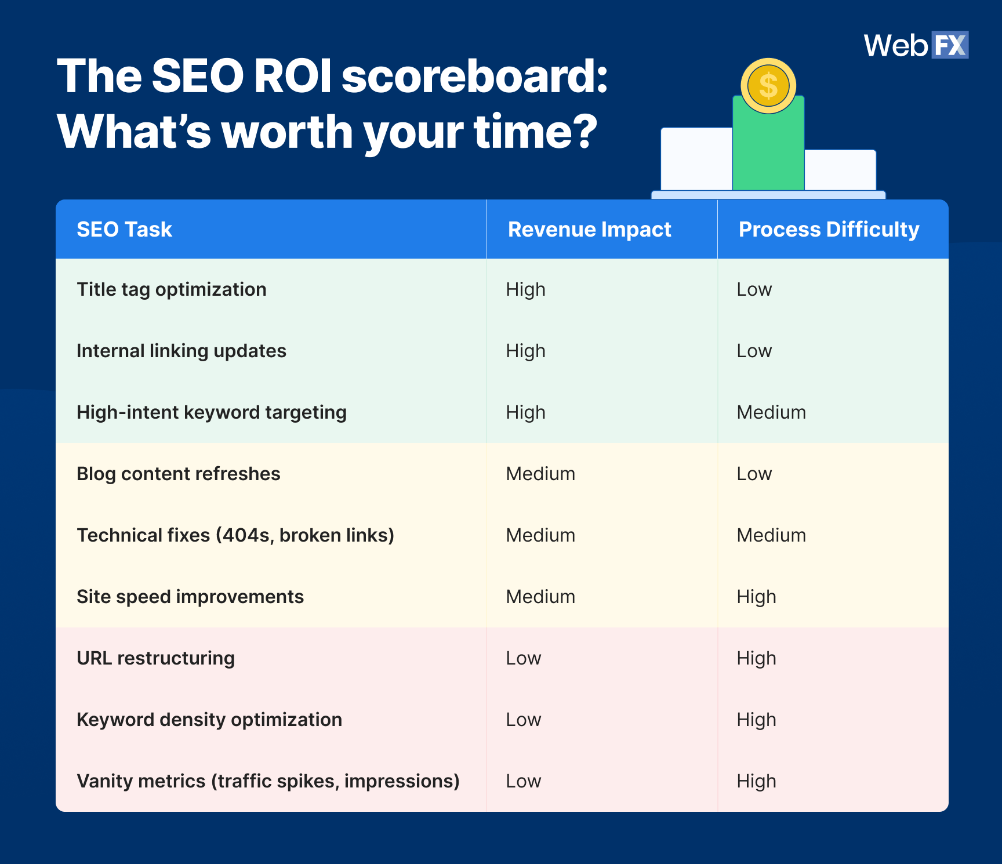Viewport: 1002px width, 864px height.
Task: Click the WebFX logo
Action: point(916,45)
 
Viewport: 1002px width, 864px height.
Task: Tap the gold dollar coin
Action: point(768,86)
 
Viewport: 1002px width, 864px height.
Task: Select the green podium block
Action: point(768,151)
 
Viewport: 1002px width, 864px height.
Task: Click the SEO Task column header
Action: point(125,230)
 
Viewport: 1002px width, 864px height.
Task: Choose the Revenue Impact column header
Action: point(589,230)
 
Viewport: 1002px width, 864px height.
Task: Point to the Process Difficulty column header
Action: point(829,230)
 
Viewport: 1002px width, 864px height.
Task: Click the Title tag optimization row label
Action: point(172,289)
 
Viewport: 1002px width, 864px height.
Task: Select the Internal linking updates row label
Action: point(181,351)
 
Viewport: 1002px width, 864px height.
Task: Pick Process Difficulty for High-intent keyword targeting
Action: point(771,412)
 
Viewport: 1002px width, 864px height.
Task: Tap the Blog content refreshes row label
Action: point(179,474)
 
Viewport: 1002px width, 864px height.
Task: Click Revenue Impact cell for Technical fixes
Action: point(540,535)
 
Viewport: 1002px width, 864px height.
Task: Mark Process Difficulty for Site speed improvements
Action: point(756,597)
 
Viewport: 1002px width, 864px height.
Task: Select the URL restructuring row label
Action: point(156,658)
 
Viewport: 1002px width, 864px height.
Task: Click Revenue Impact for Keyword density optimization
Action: point(524,720)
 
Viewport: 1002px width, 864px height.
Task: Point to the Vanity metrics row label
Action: point(268,781)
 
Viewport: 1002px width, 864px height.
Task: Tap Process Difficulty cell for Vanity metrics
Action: point(756,781)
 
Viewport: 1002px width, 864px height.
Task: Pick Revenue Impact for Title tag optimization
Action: point(525,289)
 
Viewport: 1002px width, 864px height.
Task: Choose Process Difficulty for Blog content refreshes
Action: point(754,474)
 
